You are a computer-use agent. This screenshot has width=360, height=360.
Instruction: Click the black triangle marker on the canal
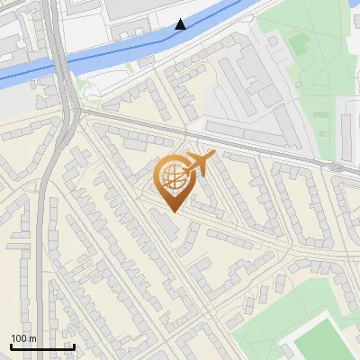[182, 24]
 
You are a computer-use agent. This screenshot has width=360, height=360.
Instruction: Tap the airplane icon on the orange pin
[200, 163]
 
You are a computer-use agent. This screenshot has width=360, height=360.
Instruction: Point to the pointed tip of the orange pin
[172, 212]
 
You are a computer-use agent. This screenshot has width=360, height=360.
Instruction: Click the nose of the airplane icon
[213, 155]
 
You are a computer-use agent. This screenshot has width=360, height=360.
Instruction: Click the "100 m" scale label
[24, 338]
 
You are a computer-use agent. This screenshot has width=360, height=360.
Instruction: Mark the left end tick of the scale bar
[11, 346]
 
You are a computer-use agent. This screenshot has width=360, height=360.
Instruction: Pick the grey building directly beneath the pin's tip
[166, 225]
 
